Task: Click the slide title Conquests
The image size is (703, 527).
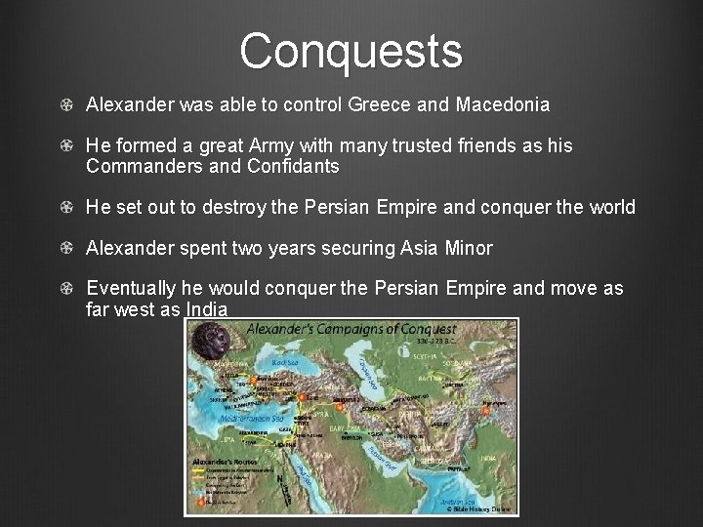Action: (x=351, y=51)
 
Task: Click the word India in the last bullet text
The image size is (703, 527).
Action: (x=206, y=310)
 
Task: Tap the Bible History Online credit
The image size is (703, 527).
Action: (x=479, y=508)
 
